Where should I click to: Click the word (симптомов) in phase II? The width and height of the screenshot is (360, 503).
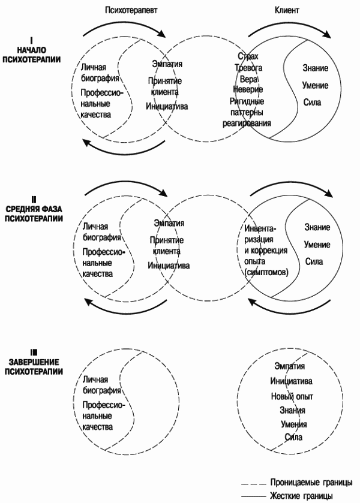click(266, 273)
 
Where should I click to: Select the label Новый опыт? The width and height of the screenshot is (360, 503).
click(292, 396)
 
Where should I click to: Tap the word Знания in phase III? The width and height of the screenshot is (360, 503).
click(292, 410)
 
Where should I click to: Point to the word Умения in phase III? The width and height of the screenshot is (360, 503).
click(293, 424)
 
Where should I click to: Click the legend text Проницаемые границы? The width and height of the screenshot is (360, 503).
click(311, 482)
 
